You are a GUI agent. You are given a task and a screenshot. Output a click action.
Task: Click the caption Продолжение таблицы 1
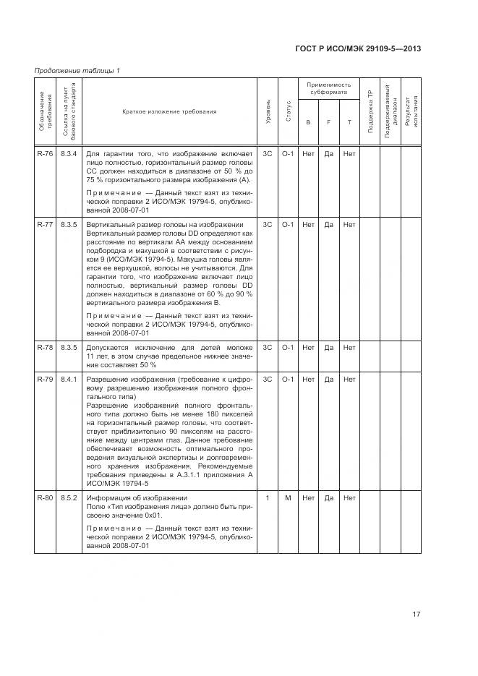pyautogui.click(x=77, y=70)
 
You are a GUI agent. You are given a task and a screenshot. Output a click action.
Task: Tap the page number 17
pyautogui.click(x=417, y=615)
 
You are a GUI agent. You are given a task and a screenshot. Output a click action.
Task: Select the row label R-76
pyautogui.click(x=44, y=153)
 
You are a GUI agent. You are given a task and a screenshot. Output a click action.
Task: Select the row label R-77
pyautogui.click(x=44, y=225)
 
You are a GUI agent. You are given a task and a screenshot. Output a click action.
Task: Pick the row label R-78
pyautogui.click(x=44, y=347)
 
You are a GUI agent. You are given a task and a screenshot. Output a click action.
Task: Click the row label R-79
pyautogui.click(x=44, y=379)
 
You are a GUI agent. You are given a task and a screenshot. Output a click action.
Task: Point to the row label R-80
pyautogui.click(x=44, y=498)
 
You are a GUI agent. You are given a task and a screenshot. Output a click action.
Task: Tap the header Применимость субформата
pyautogui.click(x=329, y=89)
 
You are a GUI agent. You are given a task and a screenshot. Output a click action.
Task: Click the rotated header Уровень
pyautogui.click(x=268, y=112)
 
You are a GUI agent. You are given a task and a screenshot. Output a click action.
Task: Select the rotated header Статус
pyautogui.click(x=288, y=112)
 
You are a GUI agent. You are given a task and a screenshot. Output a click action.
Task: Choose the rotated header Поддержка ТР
pyautogui.click(x=370, y=112)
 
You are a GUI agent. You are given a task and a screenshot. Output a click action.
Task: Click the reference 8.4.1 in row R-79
pyautogui.click(x=68, y=379)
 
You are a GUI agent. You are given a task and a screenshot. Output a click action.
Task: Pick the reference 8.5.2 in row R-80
pyautogui.click(x=68, y=498)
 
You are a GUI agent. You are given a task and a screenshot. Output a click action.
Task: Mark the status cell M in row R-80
pyautogui.click(x=287, y=498)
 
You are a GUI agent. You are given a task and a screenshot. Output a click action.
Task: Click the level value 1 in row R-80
pyautogui.click(x=267, y=498)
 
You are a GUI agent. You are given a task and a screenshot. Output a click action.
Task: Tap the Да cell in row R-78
pyautogui.click(x=328, y=347)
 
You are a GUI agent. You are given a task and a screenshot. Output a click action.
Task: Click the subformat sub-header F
pyautogui.click(x=328, y=121)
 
